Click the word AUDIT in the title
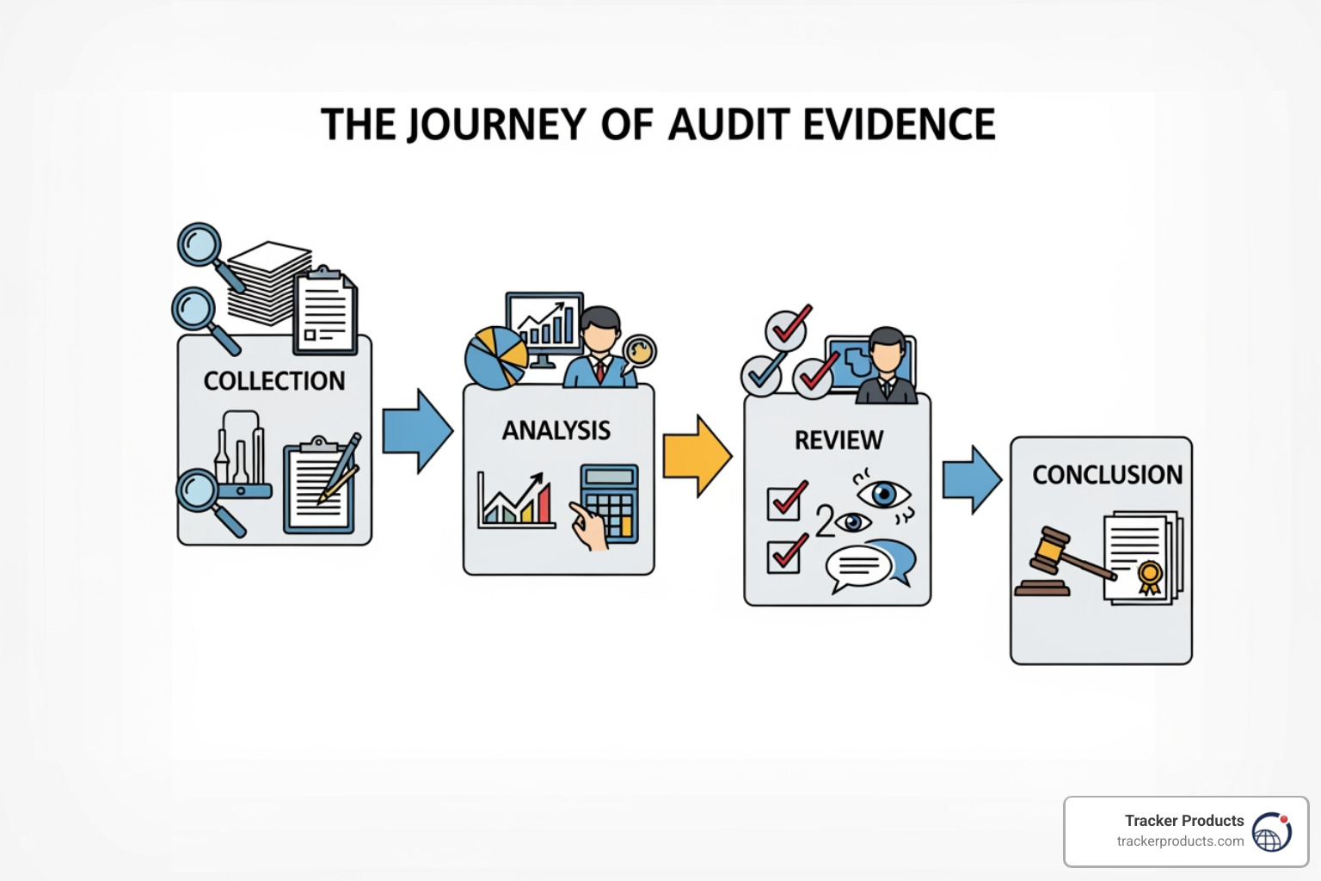[729, 125]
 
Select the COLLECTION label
[273, 381]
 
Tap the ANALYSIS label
[556, 430]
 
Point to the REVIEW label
[839, 440]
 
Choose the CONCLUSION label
[1107, 475]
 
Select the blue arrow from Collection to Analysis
[417, 431]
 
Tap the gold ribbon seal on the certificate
[1149, 576]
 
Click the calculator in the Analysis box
[610, 503]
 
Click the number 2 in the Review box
[824, 521]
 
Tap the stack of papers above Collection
[268, 280]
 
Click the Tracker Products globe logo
[1272, 832]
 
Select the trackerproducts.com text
[1180, 841]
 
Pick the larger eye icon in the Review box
[883, 494]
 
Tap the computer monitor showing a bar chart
[544, 324]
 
